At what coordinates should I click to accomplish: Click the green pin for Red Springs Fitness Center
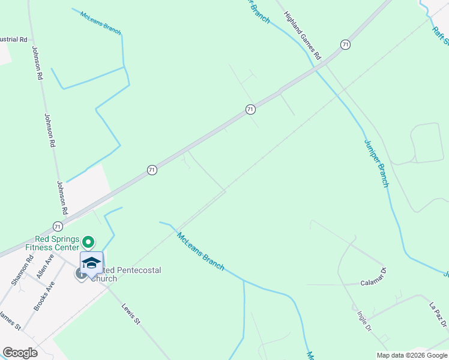point(88,242)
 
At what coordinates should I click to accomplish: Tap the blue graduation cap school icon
point(91,264)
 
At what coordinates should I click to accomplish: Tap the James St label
point(10,321)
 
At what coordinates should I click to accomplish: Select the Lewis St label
point(130,314)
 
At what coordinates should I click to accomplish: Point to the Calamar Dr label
point(373,281)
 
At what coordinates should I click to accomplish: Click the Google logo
point(20,353)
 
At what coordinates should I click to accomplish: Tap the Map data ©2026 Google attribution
point(412,355)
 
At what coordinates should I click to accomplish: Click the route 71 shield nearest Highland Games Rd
point(345,44)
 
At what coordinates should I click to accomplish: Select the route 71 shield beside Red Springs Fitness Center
point(58,226)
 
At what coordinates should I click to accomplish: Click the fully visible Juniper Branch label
point(376,163)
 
